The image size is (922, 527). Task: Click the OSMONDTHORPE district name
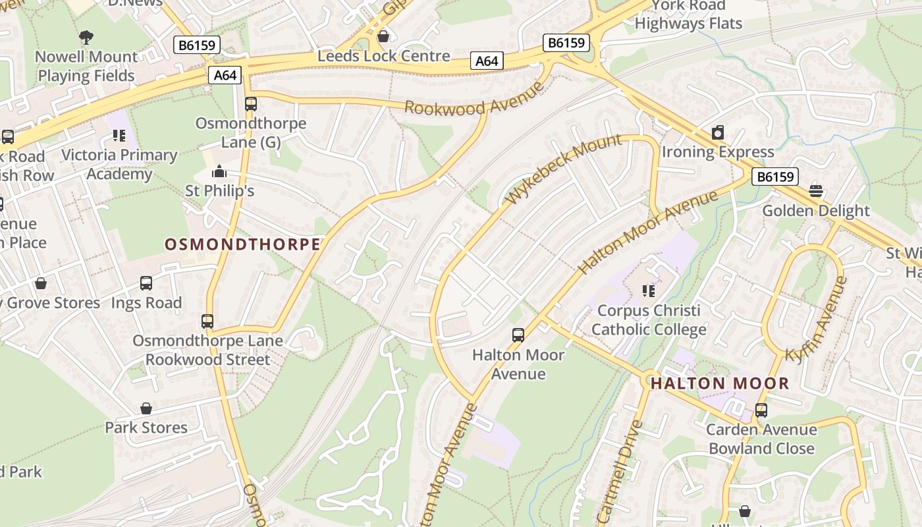(x=242, y=244)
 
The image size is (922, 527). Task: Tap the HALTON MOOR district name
(x=719, y=383)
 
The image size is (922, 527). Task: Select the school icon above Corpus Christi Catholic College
(x=649, y=291)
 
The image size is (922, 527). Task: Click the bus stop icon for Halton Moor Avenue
(x=518, y=335)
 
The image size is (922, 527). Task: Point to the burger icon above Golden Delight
(x=816, y=191)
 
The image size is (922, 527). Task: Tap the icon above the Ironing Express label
(x=718, y=132)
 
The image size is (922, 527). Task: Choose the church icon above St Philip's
(x=219, y=172)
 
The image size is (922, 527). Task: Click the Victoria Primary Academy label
(x=119, y=165)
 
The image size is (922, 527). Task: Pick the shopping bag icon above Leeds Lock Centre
(x=383, y=36)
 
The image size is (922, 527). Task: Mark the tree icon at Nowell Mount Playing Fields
(x=86, y=37)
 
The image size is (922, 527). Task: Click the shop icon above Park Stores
(x=146, y=408)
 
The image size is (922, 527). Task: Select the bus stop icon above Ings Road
(x=146, y=283)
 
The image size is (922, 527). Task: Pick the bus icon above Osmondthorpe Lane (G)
(x=250, y=104)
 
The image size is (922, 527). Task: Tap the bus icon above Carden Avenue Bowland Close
(x=761, y=410)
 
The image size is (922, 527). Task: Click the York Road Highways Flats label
(x=688, y=14)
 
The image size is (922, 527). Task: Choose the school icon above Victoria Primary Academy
(x=119, y=136)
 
